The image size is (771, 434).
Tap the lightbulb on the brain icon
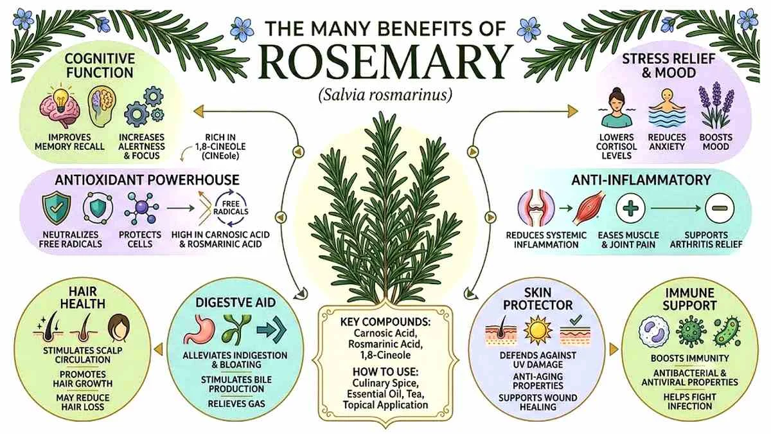coord(61,97)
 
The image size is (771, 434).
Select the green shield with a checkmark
coord(57,208)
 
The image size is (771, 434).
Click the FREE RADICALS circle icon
coord(231,208)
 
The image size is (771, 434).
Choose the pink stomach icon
coord(200,329)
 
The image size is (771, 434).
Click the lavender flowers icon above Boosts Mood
coord(716,105)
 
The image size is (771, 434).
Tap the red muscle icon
coord(591,208)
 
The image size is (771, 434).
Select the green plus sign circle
coord(630,208)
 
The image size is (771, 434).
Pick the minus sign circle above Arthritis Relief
coord(720,208)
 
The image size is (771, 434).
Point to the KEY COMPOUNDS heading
coord(385,321)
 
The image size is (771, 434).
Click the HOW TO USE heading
coord(385,372)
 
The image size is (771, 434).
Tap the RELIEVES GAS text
coord(236,404)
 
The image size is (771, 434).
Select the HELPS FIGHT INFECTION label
coord(690,402)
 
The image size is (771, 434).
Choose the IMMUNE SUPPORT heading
coord(689,299)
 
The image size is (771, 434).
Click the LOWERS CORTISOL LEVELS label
coord(616,147)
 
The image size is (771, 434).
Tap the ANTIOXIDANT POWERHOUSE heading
coord(147,180)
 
